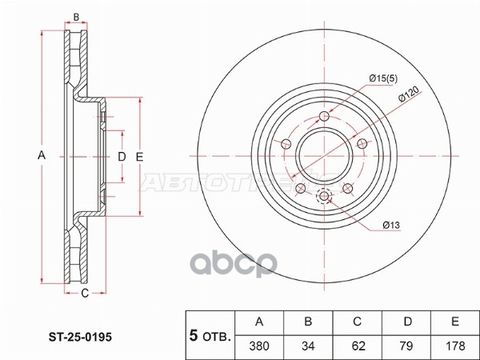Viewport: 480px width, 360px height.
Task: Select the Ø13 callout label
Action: tap(390, 226)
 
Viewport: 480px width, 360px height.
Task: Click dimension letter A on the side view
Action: tap(42, 156)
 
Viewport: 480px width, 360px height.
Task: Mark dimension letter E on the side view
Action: tap(138, 156)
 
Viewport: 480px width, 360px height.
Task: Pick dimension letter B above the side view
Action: tap(76, 17)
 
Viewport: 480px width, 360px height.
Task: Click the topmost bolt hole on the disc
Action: tap(324, 118)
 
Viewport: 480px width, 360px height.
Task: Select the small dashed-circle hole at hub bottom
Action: tap(324, 197)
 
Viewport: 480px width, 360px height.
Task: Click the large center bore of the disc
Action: tap(324, 158)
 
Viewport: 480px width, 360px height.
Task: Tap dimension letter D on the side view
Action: tap(122, 156)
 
